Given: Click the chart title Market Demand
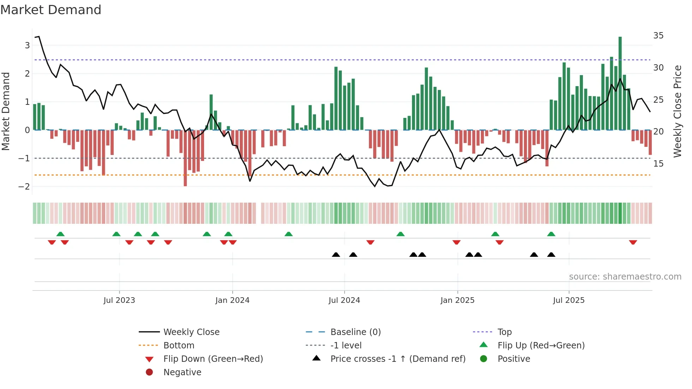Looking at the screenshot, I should point(51,10).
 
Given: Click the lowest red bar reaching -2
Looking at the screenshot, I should point(185,159).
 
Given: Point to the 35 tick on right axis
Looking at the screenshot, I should point(658,36).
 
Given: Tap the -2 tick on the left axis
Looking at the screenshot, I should point(24,186).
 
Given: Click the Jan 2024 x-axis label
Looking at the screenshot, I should point(232,300).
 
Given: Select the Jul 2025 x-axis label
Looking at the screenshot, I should point(569,300).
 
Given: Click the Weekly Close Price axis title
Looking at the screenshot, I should point(677,111).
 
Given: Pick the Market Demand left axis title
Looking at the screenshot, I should point(6,111).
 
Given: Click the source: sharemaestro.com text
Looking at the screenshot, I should point(625,277).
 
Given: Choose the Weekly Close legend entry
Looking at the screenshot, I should point(191,332).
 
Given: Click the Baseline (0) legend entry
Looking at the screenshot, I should point(355,332).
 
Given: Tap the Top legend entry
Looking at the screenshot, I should point(504,332).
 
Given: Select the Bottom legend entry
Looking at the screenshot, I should point(179,346).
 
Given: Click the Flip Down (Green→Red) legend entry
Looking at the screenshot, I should point(213,359).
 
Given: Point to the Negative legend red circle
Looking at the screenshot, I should point(149,372).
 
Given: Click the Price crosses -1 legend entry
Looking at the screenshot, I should point(398,359).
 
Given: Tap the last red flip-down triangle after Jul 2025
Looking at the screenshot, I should point(633,242).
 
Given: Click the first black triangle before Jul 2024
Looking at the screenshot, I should point(336,255).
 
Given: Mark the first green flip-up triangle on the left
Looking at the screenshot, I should point(60,234).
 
